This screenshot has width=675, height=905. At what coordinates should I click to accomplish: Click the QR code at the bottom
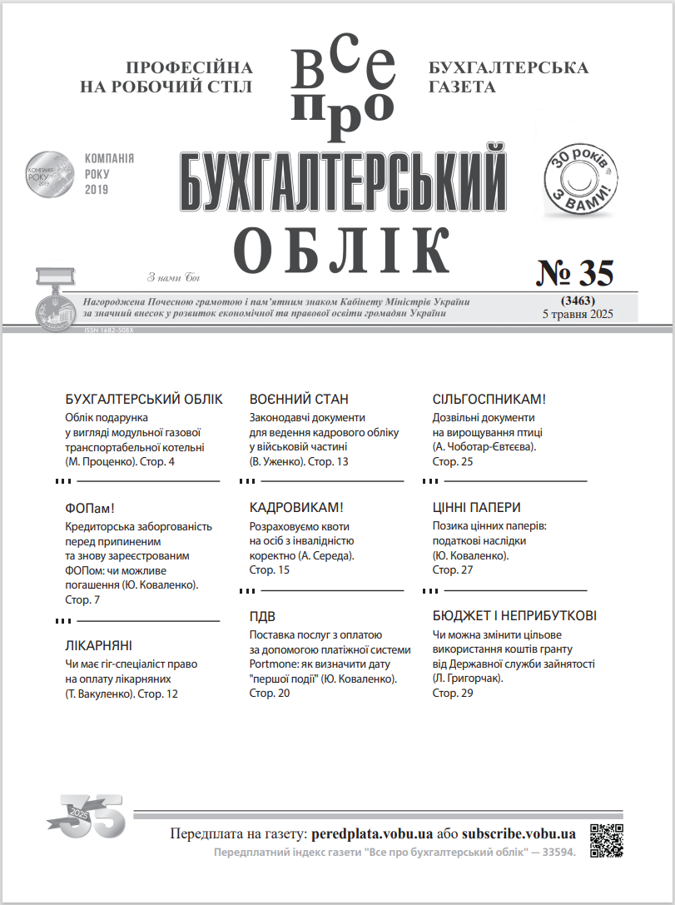(x=607, y=840)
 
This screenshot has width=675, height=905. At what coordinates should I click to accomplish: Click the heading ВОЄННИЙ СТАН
(x=299, y=399)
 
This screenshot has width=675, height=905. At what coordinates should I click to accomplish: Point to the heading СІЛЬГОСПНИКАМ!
(x=489, y=399)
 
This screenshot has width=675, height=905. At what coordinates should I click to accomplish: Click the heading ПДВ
(x=263, y=617)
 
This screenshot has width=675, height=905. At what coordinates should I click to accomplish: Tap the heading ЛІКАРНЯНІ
(x=98, y=645)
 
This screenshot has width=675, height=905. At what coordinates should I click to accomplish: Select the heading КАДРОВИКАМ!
(x=296, y=507)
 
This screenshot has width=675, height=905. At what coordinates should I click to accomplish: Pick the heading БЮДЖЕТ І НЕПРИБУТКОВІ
(x=514, y=616)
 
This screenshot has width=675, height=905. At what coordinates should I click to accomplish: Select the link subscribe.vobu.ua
(x=519, y=833)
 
